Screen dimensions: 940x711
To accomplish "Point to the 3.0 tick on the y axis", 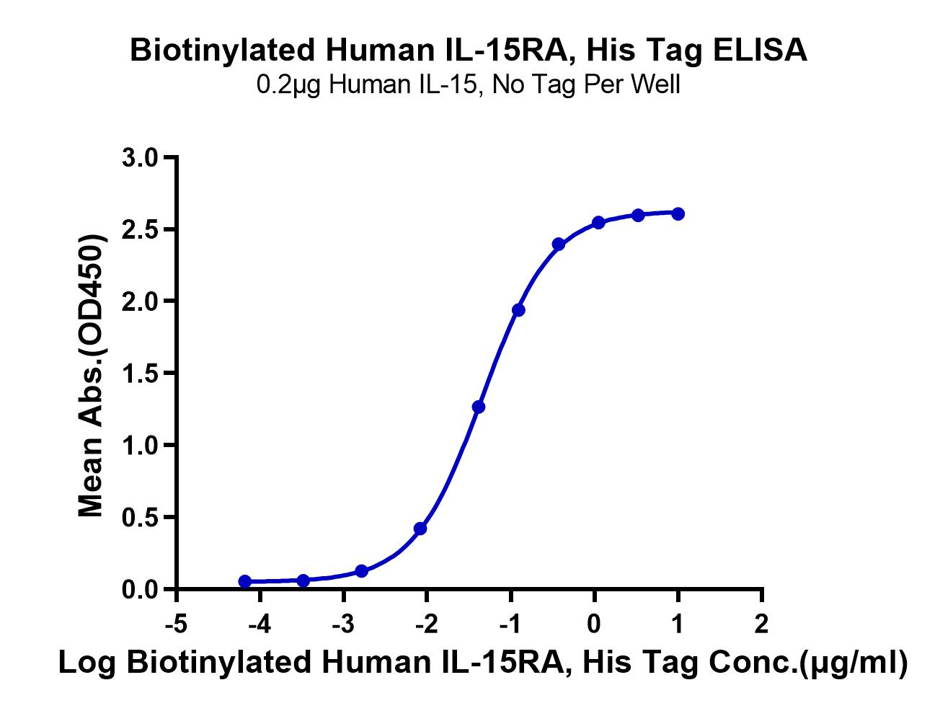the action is coord(140,157).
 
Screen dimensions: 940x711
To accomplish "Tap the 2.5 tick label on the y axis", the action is coord(140,229).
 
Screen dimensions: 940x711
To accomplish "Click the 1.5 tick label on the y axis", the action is coord(140,373).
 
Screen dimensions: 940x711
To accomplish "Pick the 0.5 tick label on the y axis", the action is coord(140,517).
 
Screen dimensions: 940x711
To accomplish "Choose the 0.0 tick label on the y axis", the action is coord(140,590).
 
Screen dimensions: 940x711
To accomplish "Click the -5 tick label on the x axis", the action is coord(177,624).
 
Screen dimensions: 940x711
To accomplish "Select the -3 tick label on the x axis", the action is coord(343,624).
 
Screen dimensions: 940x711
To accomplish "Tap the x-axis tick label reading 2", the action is coord(761,624).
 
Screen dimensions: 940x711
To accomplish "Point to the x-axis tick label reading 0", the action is coord(594,624).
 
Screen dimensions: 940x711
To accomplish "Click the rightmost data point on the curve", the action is coord(678,213).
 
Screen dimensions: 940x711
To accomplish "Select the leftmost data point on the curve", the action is coord(245,581).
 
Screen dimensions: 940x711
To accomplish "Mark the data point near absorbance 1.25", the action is coord(479,407).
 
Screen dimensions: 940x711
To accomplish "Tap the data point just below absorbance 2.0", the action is coord(518,310).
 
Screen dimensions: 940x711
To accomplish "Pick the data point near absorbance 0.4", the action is coord(420,529).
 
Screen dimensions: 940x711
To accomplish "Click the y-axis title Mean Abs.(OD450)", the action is coord(92,375).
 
